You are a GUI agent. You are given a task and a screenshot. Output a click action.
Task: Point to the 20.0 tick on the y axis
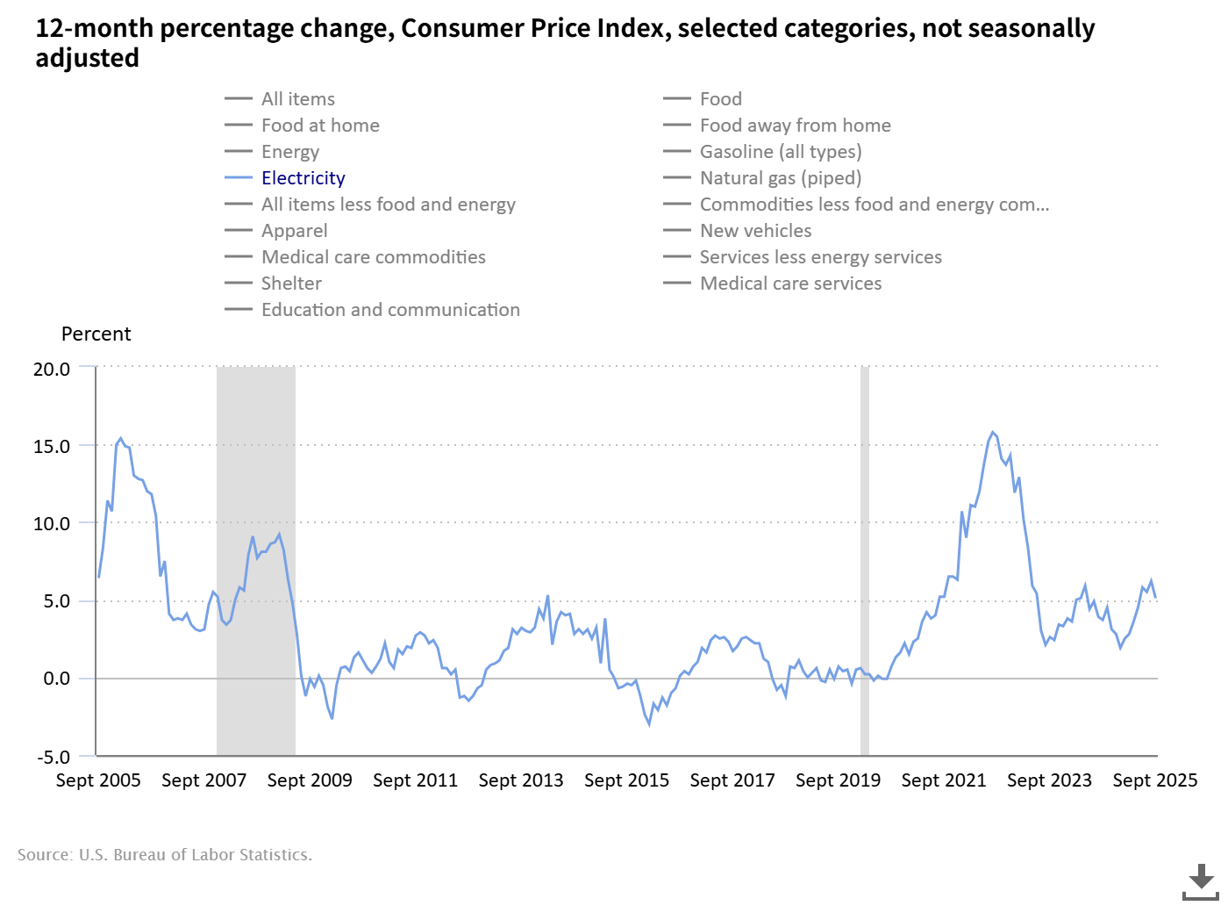click(x=52, y=369)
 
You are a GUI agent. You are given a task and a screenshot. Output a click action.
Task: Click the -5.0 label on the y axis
click(x=53, y=757)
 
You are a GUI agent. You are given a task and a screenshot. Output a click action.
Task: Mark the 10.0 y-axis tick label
click(x=52, y=523)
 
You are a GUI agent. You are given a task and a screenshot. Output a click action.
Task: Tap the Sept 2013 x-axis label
click(x=521, y=780)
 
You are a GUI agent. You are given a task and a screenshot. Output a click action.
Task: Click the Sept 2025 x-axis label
click(x=1154, y=780)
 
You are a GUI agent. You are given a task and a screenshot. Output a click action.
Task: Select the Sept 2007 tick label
click(x=203, y=780)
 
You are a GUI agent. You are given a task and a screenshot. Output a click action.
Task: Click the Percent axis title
click(x=96, y=334)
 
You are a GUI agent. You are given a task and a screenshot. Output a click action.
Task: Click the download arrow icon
click(x=1201, y=881)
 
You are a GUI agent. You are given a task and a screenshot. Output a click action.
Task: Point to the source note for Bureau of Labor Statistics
click(x=165, y=854)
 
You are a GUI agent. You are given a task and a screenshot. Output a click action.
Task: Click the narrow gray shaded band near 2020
click(x=865, y=562)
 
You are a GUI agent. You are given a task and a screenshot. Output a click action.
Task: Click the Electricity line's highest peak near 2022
click(x=993, y=432)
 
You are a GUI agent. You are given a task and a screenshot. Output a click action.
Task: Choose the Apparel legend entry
click(x=294, y=231)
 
